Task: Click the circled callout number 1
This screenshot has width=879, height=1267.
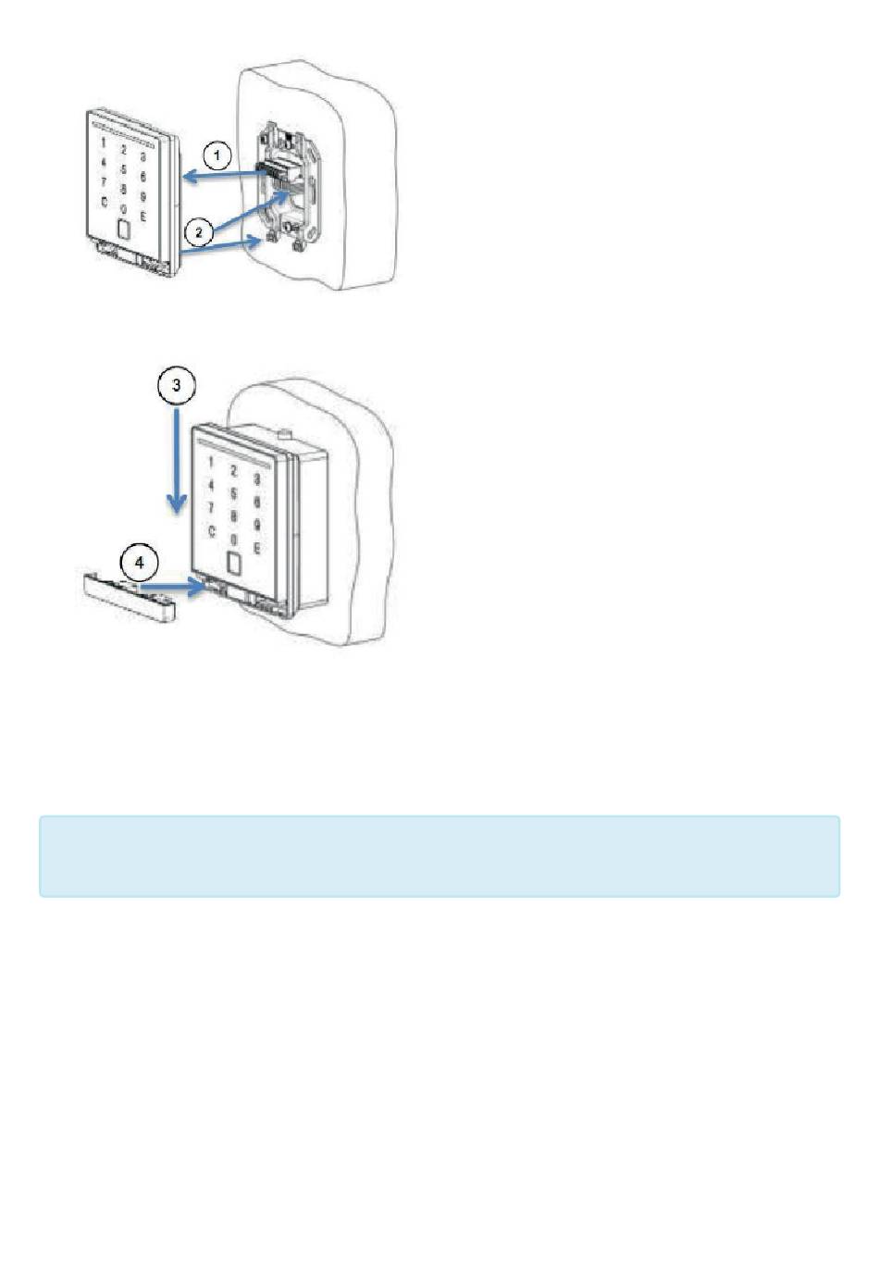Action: (x=217, y=155)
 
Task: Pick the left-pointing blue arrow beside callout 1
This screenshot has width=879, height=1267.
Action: (x=222, y=174)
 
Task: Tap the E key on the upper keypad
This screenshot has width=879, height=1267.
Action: (x=142, y=216)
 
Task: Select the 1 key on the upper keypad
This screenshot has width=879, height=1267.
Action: (x=103, y=143)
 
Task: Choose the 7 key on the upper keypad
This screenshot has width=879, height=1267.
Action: (x=103, y=181)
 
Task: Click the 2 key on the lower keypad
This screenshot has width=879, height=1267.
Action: (x=233, y=471)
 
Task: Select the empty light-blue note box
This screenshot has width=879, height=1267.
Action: (x=439, y=856)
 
